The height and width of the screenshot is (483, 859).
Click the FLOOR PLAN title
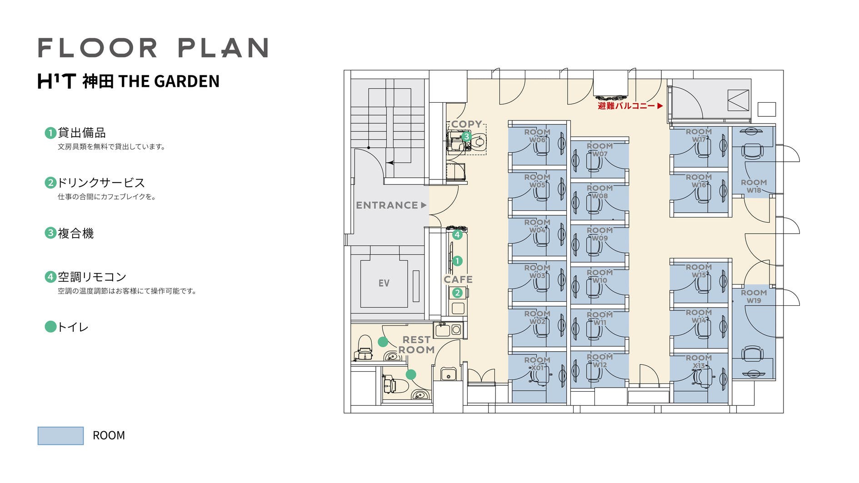click(x=153, y=48)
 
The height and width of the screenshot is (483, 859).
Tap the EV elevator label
click(x=384, y=283)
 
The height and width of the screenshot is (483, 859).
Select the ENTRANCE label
click(x=387, y=205)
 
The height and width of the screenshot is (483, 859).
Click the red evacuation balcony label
click(x=626, y=106)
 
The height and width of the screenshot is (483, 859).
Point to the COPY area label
click(x=466, y=124)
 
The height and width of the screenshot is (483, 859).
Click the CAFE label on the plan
click(x=458, y=279)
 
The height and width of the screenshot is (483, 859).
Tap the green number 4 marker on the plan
click(x=457, y=235)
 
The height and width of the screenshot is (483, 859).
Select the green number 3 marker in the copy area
click(x=466, y=136)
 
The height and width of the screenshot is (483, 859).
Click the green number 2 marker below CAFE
click(x=457, y=293)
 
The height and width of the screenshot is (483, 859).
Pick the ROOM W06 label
click(x=537, y=136)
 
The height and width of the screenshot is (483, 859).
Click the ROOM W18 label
click(x=754, y=186)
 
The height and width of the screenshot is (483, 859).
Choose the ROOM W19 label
click(x=754, y=297)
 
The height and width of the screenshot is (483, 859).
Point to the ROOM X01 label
click(x=537, y=364)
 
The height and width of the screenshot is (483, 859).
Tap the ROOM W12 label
click(x=599, y=361)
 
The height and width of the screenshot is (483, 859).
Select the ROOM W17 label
click(x=699, y=135)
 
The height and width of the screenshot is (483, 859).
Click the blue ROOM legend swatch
click(x=60, y=436)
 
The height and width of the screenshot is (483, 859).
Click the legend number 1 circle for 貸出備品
click(x=50, y=133)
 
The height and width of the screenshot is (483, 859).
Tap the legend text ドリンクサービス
click(x=101, y=183)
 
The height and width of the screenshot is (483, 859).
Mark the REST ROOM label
click(x=416, y=345)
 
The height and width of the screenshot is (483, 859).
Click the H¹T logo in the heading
click(x=56, y=81)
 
